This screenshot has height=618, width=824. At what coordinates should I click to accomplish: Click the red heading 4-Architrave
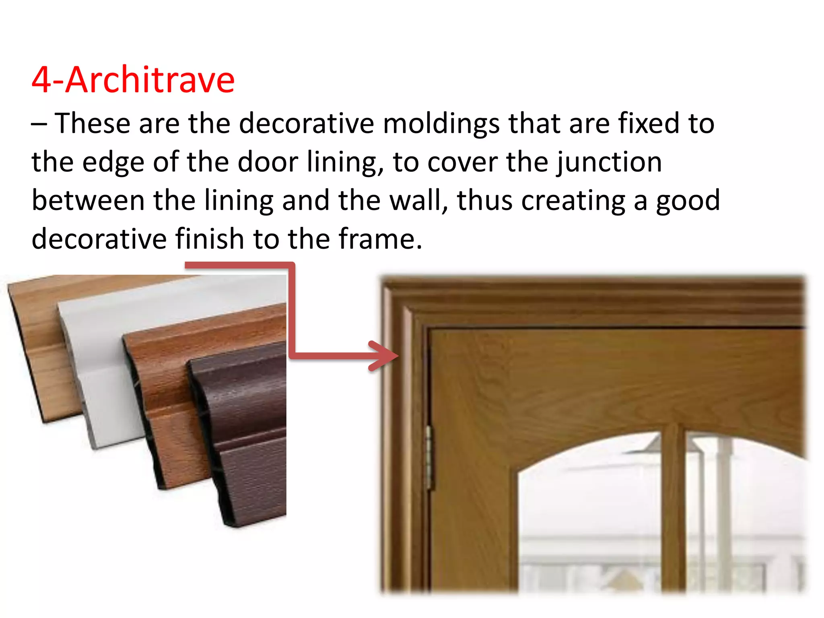(x=133, y=80)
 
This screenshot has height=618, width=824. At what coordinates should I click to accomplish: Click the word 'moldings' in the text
(x=441, y=124)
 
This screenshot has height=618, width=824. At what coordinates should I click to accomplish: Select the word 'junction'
(x=609, y=163)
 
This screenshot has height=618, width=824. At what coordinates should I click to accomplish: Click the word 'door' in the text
(x=268, y=163)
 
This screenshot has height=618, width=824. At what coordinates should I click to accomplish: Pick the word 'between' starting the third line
(x=88, y=200)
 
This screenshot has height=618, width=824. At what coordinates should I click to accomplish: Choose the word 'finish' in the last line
(x=210, y=239)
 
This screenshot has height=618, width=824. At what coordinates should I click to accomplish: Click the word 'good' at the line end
(x=688, y=200)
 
